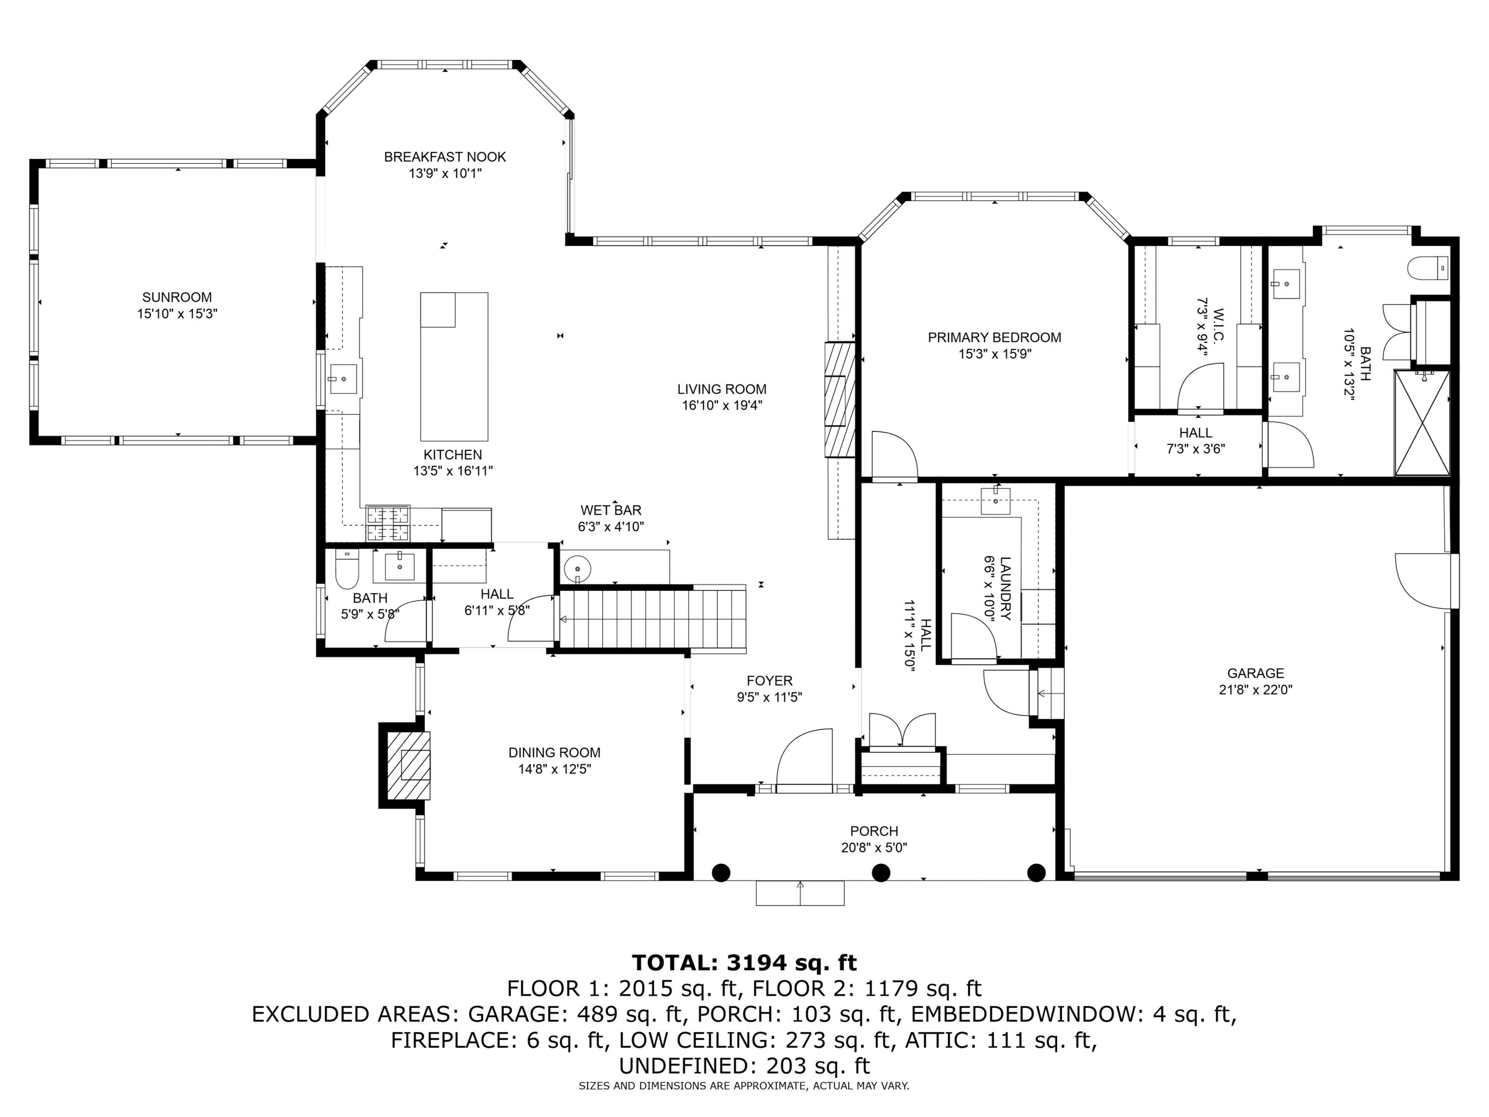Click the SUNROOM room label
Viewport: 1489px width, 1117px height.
(x=177, y=297)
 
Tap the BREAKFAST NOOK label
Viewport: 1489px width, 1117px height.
(x=445, y=157)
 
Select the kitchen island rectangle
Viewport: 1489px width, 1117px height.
(x=454, y=366)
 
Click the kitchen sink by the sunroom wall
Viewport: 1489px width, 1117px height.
(x=343, y=380)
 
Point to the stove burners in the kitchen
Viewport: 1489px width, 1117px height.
(x=388, y=523)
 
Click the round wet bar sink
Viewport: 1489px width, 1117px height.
(x=577, y=569)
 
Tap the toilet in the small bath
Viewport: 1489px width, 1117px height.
(x=347, y=571)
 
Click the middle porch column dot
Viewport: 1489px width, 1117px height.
(x=880, y=873)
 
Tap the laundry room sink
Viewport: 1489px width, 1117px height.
(x=996, y=499)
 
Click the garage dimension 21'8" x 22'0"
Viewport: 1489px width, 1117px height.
(x=1255, y=690)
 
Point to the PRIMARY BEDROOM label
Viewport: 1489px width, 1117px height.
(x=994, y=337)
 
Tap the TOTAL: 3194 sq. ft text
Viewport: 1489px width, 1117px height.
(x=744, y=963)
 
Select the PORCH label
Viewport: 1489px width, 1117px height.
(x=874, y=831)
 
